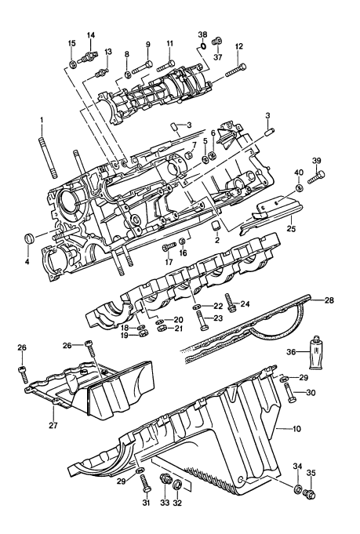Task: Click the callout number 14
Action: [x=91, y=35]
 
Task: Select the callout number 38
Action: [x=202, y=34]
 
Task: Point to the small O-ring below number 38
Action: [x=202, y=45]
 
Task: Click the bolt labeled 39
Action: [x=316, y=177]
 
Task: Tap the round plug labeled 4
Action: [x=29, y=238]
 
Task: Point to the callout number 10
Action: [x=296, y=428]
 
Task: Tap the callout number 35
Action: [x=311, y=472]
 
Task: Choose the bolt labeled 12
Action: [x=235, y=70]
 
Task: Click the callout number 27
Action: [x=53, y=425]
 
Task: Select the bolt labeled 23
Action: [x=202, y=320]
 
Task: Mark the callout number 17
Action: [x=169, y=262]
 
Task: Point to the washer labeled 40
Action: [x=299, y=187]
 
